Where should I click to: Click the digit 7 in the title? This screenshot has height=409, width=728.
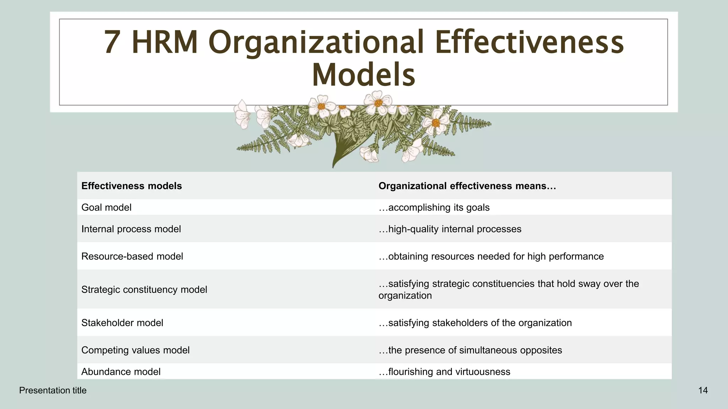[112, 43]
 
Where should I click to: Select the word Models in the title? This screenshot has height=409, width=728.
[363, 75]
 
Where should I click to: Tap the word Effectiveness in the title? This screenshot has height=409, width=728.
[529, 43]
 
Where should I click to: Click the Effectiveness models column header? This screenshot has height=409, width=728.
[132, 186]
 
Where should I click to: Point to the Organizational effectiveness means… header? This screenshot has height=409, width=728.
[467, 186]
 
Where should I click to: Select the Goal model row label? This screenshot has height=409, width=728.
[106, 207]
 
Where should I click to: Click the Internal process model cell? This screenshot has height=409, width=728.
[131, 229]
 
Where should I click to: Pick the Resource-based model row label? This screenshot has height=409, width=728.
[132, 256]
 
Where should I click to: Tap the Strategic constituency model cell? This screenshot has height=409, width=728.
[144, 290]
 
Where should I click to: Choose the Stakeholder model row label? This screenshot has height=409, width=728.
[122, 323]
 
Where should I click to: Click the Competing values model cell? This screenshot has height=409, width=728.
[135, 350]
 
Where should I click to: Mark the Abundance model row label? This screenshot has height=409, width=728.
[121, 372]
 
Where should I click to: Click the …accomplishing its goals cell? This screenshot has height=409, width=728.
[434, 207]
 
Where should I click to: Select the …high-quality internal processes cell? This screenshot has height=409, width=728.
[450, 229]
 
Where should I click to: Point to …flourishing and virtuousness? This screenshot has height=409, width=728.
[444, 372]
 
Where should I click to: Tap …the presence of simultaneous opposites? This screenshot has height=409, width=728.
[470, 350]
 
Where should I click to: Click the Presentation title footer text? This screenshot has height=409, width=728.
[53, 391]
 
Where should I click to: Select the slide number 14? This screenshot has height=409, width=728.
[703, 391]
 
